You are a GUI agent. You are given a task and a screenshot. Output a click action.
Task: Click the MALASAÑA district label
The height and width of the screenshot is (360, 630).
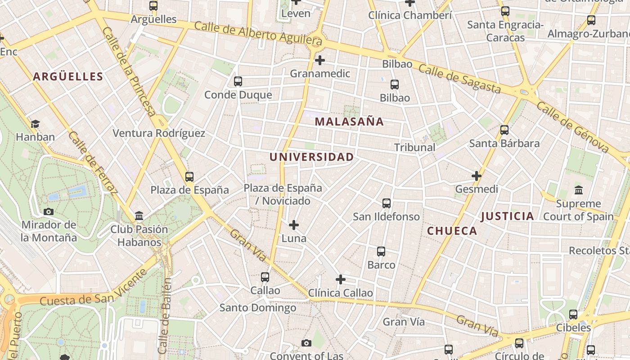point(349,121)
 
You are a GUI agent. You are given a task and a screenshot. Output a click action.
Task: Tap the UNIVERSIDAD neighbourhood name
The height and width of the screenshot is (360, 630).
point(311,157)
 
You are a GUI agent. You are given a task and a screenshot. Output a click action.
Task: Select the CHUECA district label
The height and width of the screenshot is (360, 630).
point(452,231)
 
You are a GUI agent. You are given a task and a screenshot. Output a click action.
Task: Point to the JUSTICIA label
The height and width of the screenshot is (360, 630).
point(507,216)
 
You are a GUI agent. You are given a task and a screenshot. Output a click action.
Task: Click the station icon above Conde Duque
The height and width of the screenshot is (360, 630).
point(238,81)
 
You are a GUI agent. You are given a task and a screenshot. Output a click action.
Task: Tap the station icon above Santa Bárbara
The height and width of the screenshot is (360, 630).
point(504,130)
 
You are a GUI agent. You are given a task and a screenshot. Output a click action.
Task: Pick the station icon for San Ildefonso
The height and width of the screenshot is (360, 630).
point(387,203)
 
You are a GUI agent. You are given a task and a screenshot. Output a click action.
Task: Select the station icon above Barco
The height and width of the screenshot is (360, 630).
point(381,252)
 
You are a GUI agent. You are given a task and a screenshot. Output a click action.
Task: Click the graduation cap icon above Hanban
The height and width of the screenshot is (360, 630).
point(35,124)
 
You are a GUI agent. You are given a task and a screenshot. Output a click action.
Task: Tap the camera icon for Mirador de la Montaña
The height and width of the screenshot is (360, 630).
point(49,211)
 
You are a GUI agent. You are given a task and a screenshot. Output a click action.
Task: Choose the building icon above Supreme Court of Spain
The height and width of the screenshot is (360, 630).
point(579,190)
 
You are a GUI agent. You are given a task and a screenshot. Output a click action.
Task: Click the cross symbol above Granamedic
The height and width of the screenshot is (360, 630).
point(320,60)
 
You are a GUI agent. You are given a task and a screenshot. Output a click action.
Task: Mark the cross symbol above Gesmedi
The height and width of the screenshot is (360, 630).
point(477,175)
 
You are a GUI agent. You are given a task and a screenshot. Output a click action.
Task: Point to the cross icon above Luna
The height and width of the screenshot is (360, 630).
point(294,225)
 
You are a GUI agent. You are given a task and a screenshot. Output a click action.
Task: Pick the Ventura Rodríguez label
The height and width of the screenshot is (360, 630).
point(159,133)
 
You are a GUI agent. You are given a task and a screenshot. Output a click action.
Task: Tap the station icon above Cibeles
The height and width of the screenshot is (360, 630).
point(573,314)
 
